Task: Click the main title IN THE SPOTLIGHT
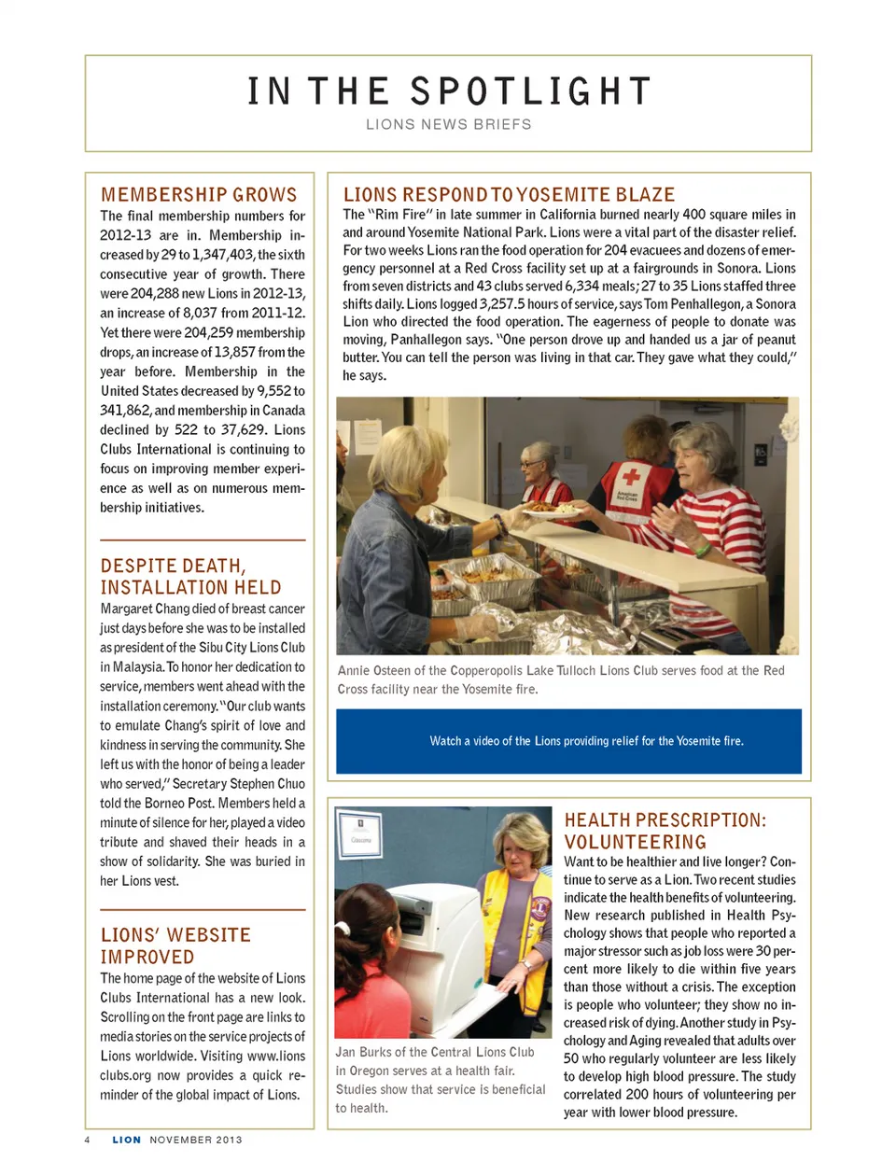[x=448, y=91]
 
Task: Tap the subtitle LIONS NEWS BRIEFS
[x=448, y=124]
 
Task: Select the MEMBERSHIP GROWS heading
[x=199, y=194]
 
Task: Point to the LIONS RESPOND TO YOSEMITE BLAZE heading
[x=509, y=194]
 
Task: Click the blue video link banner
[x=568, y=741]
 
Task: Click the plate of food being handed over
[x=552, y=511]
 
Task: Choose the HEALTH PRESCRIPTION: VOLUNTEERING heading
[x=665, y=831]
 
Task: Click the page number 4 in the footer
[x=88, y=1140]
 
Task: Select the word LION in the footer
[x=126, y=1140]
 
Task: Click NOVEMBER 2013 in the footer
[x=195, y=1140]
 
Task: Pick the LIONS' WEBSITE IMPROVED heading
[x=175, y=945]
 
